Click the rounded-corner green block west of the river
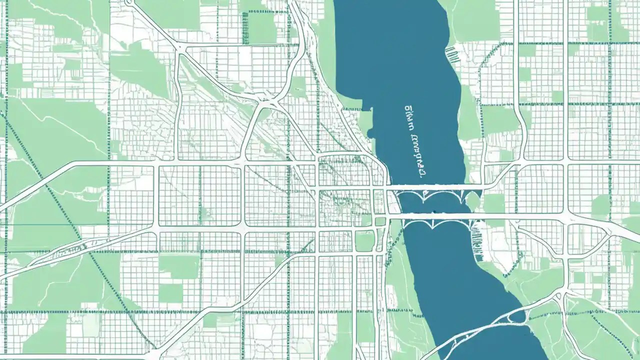tap(364, 241)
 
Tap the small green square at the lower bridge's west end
tap(380, 221)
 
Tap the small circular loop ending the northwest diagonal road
tap(129, 2)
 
